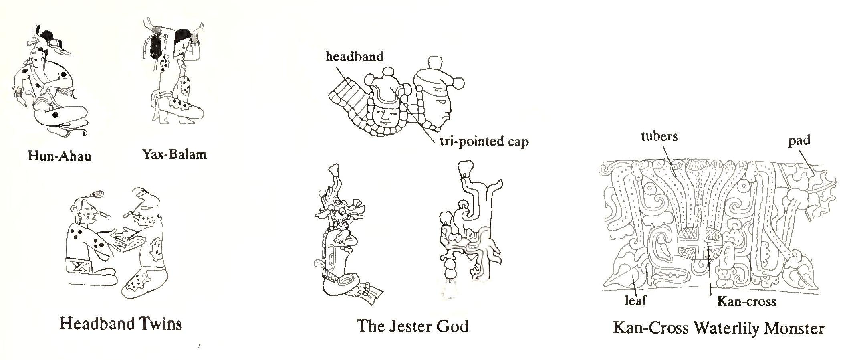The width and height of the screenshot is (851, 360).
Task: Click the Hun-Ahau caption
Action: [x=59, y=155]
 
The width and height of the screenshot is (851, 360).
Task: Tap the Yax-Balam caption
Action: [x=174, y=154]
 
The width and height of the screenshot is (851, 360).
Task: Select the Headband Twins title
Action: [x=120, y=323]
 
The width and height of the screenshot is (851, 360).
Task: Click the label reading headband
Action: [x=354, y=56]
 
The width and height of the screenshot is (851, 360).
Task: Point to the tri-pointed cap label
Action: [x=484, y=141]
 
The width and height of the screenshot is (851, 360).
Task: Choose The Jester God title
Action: [x=412, y=326]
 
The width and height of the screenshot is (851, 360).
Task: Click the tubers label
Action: [x=659, y=136]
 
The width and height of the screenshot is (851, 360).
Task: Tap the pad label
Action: [x=799, y=140]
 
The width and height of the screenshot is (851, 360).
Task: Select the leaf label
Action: [x=636, y=300]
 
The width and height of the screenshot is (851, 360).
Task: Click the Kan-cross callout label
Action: [x=746, y=301]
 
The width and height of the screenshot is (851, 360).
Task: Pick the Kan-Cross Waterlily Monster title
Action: [x=718, y=328]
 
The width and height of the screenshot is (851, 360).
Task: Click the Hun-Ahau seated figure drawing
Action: [x=50, y=84]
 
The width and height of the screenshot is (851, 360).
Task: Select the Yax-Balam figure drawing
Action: [x=174, y=72]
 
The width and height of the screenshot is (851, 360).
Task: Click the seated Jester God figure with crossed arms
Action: [x=341, y=241]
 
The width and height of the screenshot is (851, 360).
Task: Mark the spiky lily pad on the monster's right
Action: [x=817, y=188]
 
